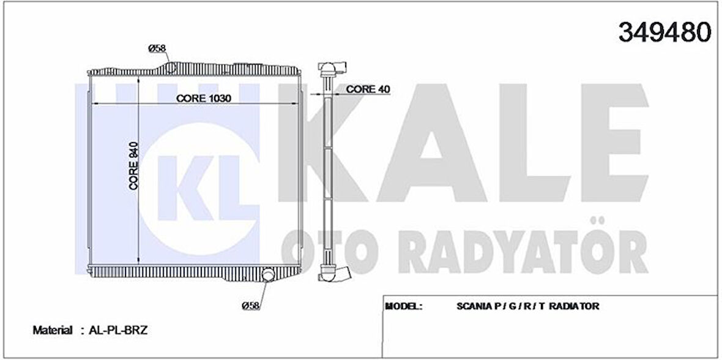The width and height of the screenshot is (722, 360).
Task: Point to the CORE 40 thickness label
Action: point(368,89)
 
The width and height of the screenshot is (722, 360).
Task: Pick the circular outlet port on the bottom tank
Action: point(268,277)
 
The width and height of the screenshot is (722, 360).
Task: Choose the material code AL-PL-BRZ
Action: point(119,330)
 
